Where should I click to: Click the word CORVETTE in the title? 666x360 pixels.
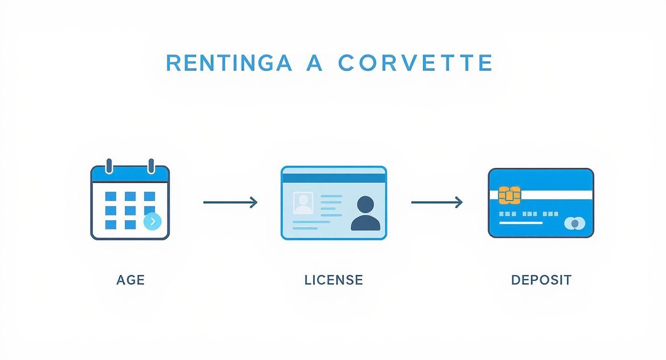[x=415, y=63]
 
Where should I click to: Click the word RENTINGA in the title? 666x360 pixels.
[x=229, y=63]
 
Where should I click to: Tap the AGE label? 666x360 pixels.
[x=130, y=280]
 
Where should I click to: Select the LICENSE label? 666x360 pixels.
[x=333, y=280]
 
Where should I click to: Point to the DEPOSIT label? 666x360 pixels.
[x=541, y=280]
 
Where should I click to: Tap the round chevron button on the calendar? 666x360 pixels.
[x=152, y=221]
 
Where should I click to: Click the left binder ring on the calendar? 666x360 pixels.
[x=109, y=166]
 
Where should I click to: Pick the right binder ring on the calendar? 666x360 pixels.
[x=151, y=166]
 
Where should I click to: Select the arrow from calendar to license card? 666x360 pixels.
[x=230, y=202]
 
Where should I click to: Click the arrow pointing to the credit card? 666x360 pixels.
[x=437, y=202]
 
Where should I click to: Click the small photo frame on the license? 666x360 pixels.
[x=303, y=203]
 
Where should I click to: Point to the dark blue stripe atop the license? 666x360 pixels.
[x=333, y=178]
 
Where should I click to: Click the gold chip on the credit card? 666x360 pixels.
[x=509, y=195]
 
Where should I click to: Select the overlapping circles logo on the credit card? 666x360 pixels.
[x=575, y=223]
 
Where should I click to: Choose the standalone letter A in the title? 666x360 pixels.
[x=314, y=63]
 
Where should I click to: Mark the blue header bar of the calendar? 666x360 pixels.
[x=130, y=175]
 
